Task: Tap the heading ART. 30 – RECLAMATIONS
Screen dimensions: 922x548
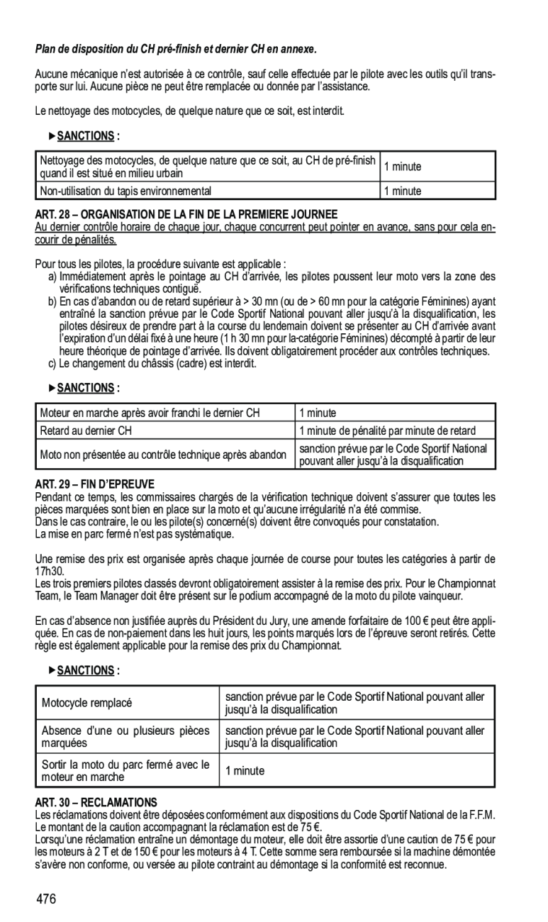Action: [96, 801]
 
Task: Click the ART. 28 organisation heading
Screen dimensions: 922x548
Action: [186, 214]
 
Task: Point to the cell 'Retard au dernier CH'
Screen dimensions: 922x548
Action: [86, 431]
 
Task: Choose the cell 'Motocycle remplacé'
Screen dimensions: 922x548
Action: [87, 704]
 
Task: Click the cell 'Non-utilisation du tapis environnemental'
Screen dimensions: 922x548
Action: [126, 191]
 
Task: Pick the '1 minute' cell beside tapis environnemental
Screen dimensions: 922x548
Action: [403, 191]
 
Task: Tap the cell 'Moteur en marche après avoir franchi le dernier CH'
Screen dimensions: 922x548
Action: [150, 413]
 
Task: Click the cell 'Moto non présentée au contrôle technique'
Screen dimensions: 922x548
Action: [163, 454]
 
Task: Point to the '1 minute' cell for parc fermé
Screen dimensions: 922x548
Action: [245, 771]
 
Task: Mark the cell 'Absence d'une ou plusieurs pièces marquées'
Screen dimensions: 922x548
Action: [124, 737]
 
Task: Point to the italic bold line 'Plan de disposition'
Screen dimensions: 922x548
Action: [174, 50]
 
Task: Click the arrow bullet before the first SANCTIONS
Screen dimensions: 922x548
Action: [52, 135]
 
